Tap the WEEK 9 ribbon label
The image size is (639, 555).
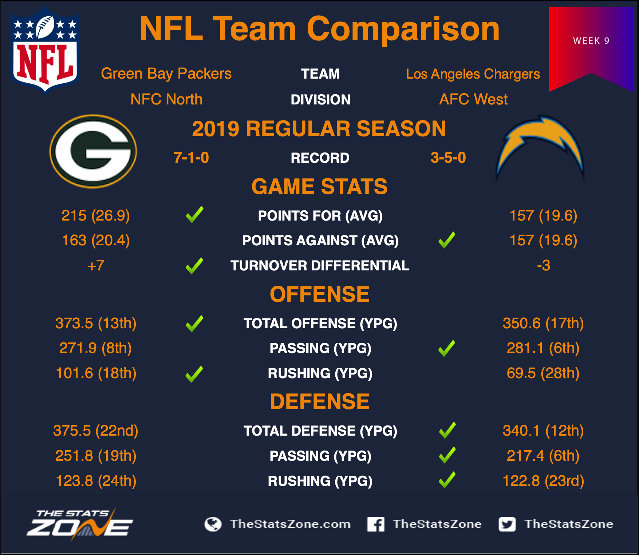point(591,41)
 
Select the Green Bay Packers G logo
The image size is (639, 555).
point(93,151)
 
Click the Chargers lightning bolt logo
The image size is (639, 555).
point(540,147)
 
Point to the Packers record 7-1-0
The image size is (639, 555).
point(191,158)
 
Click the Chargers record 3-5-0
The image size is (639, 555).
point(448,158)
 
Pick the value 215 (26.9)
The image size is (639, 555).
point(96,215)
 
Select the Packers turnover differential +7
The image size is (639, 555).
point(96,265)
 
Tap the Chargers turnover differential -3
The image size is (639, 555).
point(544,265)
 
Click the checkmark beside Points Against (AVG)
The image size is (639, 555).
point(447,240)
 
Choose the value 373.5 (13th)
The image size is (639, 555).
point(96,323)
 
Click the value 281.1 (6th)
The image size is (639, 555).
point(543,348)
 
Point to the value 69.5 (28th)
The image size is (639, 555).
point(543,373)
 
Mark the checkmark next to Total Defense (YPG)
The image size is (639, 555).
point(447,430)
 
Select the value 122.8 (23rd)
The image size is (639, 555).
point(543,481)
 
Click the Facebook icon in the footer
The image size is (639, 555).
point(376,524)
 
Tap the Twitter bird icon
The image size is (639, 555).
point(507,524)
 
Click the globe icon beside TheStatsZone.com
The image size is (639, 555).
point(213,524)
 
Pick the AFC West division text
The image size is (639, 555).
point(473,99)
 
